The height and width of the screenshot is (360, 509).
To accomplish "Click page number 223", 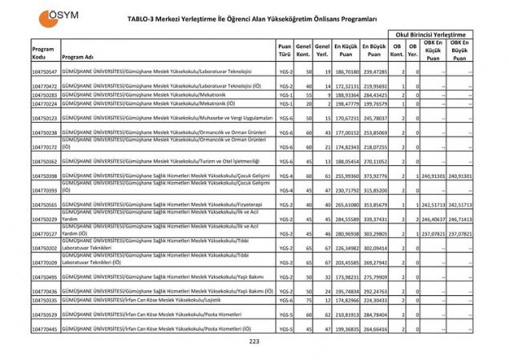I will pyautogui.click(x=255, y=342).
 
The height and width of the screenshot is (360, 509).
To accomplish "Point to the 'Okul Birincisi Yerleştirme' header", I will pyautogui.click(x=430, y=34).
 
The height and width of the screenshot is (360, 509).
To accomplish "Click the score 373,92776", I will pyautogui.click(x=374, y=176).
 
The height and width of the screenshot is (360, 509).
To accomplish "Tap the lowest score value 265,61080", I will pyautogui.click(x=345, y=205).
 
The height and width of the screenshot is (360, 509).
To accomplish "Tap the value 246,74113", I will pyautogui.click(x=459, y=219).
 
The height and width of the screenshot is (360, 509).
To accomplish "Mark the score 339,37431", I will pyautogui.click(x=374, y=219).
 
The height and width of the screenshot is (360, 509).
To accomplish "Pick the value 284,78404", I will pyautogui.click(x=374, y=315).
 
